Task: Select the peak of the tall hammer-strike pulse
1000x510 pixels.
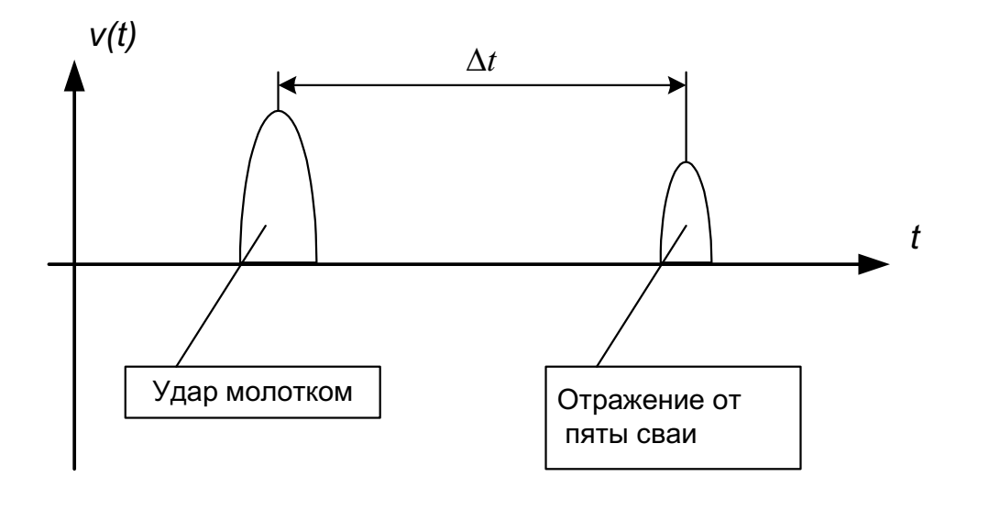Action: pyautogui.click(x=278, y=111)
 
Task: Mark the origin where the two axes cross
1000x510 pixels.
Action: pyautogui.click(x=74, y=266)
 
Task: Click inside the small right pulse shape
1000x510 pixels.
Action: pyautogui.click(x=687, y=225)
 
